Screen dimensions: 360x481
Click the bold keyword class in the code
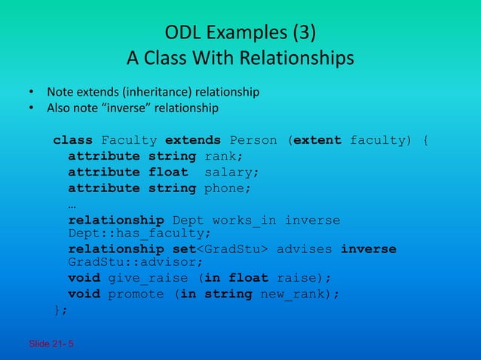(x=73, y=140)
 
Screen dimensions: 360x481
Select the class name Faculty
(x=129, y=140)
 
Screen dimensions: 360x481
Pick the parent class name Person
(x=253, y=140)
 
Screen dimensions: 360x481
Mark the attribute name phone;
(x=228, y=188)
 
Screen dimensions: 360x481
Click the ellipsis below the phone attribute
(x=72, y=204)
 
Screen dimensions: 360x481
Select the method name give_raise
(x=144, y=278)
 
